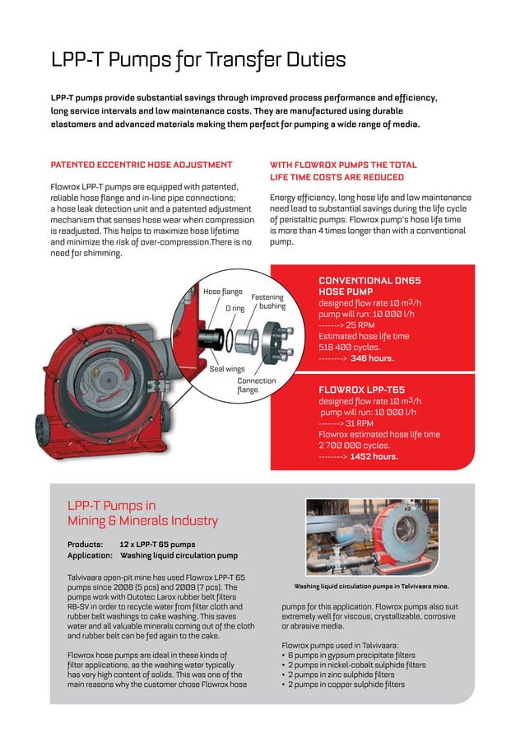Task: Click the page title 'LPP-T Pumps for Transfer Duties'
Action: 197,60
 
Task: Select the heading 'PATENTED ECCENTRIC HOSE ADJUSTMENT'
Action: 142,165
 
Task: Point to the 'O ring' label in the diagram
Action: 235,309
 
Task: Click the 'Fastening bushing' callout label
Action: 267,301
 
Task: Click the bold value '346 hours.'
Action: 372,358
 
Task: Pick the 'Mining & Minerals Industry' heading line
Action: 142,521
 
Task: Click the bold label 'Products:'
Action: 86,544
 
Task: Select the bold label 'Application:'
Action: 90,556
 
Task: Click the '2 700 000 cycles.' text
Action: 355,445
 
